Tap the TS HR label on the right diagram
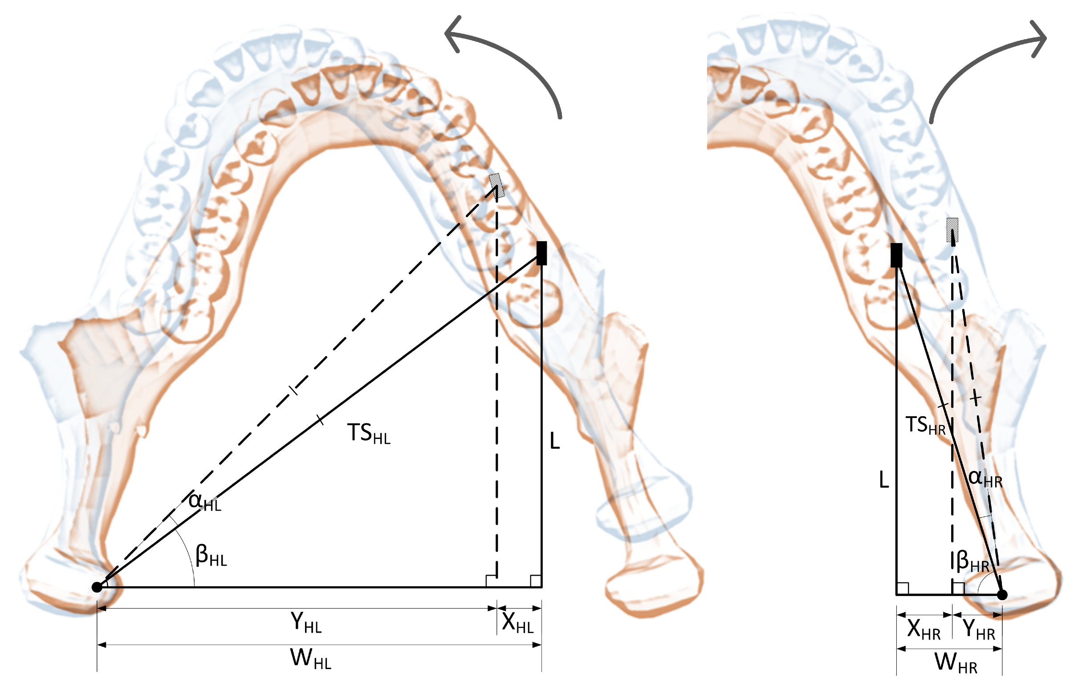click(925, 426)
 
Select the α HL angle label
click(204, 502)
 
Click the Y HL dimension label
click(305, 623)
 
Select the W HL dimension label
click(310, 659)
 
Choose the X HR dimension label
click(924, 630)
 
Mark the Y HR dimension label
click(979, 630)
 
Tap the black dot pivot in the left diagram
click(97, 587)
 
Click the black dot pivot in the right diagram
click(1002, 595)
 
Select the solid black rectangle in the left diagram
click(541, 253)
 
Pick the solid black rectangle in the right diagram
click(896, 255)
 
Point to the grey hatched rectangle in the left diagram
click(496, 185)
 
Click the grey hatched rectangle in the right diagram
click(952, 230)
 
